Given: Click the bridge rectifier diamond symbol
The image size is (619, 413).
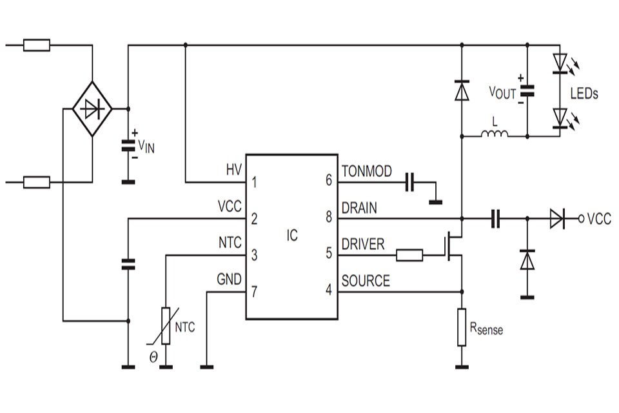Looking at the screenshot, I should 92,109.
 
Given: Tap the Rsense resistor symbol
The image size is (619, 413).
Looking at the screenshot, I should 462,327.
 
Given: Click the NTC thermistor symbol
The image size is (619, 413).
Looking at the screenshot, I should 166,326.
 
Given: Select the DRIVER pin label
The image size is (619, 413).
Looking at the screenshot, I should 362,244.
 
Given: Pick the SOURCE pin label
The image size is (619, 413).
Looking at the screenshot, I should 365,281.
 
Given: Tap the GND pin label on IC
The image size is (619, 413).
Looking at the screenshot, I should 230,279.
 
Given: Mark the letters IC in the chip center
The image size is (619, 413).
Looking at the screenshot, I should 292,236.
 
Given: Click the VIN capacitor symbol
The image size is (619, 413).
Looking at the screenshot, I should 128,146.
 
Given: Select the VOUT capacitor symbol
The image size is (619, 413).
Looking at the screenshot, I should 527,91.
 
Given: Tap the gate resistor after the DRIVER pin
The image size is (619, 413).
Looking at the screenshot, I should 409,256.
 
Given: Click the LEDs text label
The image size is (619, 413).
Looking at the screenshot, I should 584,94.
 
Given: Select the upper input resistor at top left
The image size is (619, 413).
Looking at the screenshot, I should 36,45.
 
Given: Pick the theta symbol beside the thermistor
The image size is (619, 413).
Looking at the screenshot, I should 153,356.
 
